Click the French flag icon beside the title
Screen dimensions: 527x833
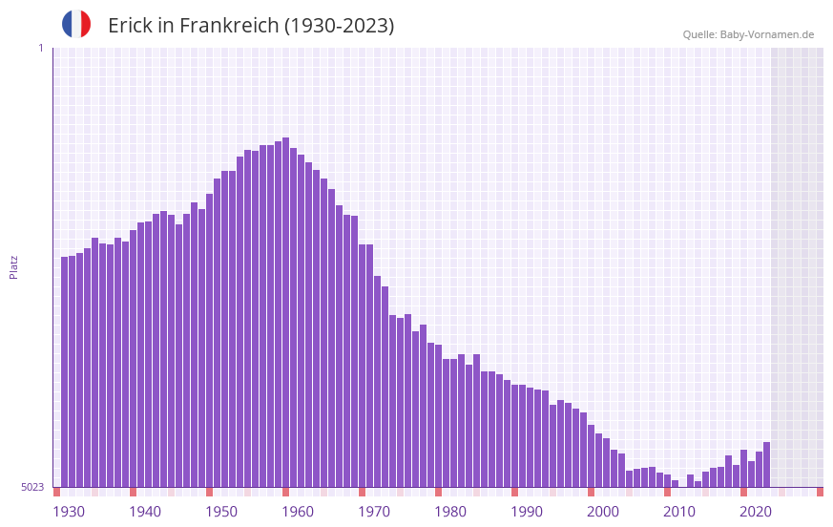[x=76, y=24]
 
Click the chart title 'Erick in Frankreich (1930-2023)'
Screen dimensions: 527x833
[x=251, y=26]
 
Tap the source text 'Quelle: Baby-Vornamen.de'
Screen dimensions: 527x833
[x=748, y=34]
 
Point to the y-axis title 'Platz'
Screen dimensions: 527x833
[x=13, y=266]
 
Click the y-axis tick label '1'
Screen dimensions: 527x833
[x=40, y=48]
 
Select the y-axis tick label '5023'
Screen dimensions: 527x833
[x=32, y=487]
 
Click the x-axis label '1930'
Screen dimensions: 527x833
[x=69, y=512]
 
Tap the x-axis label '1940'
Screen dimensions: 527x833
[x=145, y=512]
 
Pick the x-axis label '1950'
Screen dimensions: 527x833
[x=221, y=512]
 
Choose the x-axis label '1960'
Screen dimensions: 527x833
[x=298, y=512]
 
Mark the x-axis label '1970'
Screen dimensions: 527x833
[x=374, y=512]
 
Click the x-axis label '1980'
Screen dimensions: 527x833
[x=450, y=512]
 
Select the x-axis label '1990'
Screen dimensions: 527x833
[x=527, y=512]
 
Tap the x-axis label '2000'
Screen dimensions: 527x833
[x=603, y=512]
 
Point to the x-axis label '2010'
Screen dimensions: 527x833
[x=679, y=512]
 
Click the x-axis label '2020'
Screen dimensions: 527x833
[x=756, y=512]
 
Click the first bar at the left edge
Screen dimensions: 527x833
[x=64, y=371]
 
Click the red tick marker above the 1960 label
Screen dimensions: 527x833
[x=285, y=492]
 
